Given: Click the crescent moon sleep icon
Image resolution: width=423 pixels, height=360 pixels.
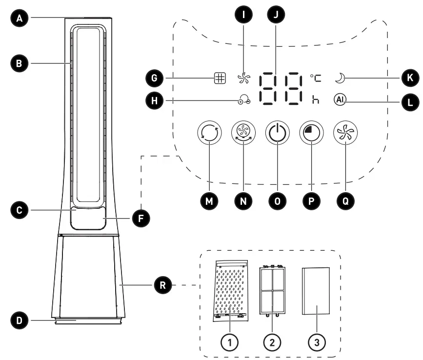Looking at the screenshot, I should [341, 78].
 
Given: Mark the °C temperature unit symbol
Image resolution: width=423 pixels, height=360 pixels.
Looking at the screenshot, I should [316, 78].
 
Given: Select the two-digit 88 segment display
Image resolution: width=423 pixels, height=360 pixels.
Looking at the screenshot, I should [282, 88].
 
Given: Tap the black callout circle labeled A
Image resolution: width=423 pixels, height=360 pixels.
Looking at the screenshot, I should [20, 19].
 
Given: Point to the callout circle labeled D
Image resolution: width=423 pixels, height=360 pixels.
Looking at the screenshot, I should [20, 320].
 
